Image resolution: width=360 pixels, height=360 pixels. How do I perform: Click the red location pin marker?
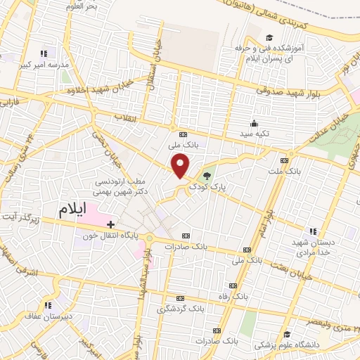coord(181,165)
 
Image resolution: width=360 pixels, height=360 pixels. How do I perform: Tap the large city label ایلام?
coord(75,210)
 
